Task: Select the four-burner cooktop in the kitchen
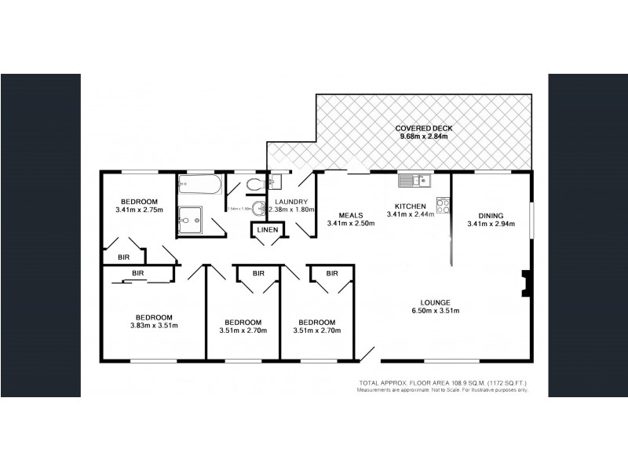pyautogui.click(x=442, y=206)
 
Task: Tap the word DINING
pyautogui.click(x=491, y=215)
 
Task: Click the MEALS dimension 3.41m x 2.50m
pyautogui.click(x=350, y=224)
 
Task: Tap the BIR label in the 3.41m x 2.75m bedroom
pyautogui.click(x=123, y=256)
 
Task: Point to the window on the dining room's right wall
pyautogui.click(x=531, y=218)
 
